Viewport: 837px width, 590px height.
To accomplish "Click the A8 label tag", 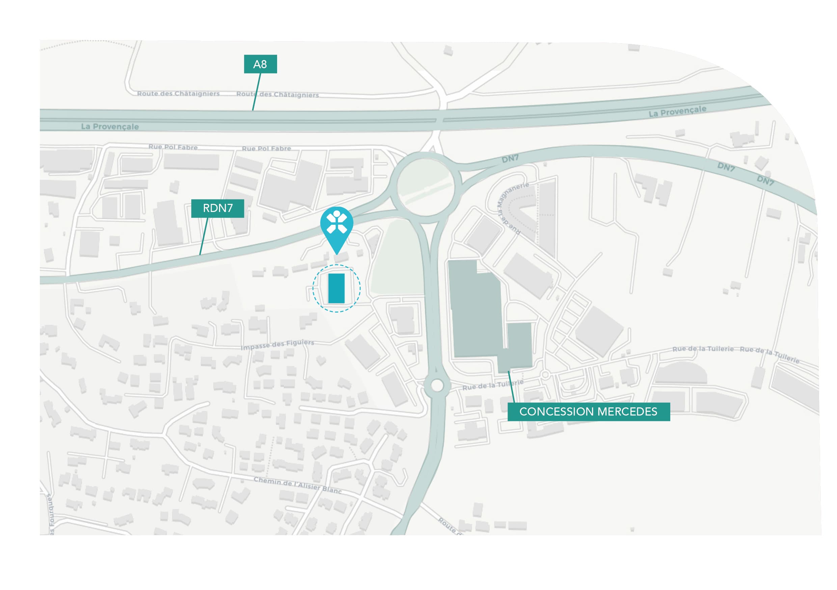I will click(x=260, y=64).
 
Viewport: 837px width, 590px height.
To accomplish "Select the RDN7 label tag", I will click(x=218, y=208).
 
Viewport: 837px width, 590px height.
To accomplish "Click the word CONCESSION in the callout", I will click(x=557, y=412).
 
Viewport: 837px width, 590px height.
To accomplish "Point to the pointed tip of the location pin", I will click(x=337, y=254).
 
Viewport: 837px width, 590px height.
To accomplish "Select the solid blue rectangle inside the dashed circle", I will click(x=336, y=289).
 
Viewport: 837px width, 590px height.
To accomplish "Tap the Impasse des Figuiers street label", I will click(x=277, y=345).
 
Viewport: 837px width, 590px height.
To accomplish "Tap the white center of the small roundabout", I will click(x=437, y=385).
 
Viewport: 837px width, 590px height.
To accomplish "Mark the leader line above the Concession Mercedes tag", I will click(x=511, y=387).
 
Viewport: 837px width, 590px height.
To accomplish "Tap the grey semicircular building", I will click(x=681, y=372).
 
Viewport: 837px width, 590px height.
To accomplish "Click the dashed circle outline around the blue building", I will click(x=313, y=289).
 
